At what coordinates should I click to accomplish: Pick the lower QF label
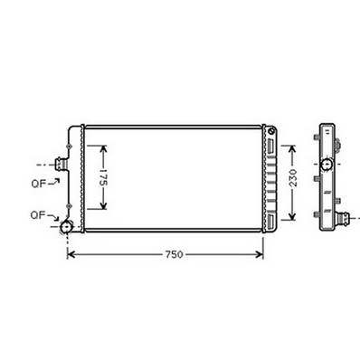pos(39,215)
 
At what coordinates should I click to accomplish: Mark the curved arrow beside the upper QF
pos(55,181)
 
